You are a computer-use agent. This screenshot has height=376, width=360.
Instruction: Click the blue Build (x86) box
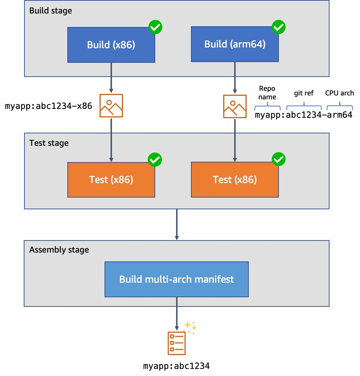pyautogui.click(x=111, y=45)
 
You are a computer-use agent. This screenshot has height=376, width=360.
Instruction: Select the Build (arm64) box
pyautogui.click(x=235, y=45)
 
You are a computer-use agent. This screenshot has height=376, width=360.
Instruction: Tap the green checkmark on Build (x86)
pyautogui.click(x=155, y=27)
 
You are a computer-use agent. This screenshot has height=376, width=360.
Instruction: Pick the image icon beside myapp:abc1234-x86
pyautogui.click(x=111, y=105)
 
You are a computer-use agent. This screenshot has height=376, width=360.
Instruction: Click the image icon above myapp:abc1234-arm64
pyautogui.click(x=235, y=106)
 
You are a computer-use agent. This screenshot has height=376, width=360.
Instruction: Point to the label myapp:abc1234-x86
pyautogui.click(x=50, y=106)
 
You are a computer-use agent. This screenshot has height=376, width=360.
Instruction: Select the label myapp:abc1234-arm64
pyautogui.click(x=304, y=115)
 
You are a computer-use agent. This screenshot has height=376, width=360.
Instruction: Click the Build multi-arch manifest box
pyautogui.click(x=176, y=280)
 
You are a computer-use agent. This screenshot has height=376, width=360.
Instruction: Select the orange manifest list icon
pyautogui.click(x=176, y=343)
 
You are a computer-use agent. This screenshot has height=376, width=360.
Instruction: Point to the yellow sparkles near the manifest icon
pyautogui.click(x=190, y=327)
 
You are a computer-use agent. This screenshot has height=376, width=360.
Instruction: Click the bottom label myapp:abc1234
pyautogui.click(x=176, y=366)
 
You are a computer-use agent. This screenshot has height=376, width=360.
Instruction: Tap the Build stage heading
pyautogui.click(x=51, y=11)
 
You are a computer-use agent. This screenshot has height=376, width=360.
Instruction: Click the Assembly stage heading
pyautogui.click(x=59, y=250)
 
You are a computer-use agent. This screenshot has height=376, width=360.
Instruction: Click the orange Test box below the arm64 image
pyautogui.click(x=235, y=180)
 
